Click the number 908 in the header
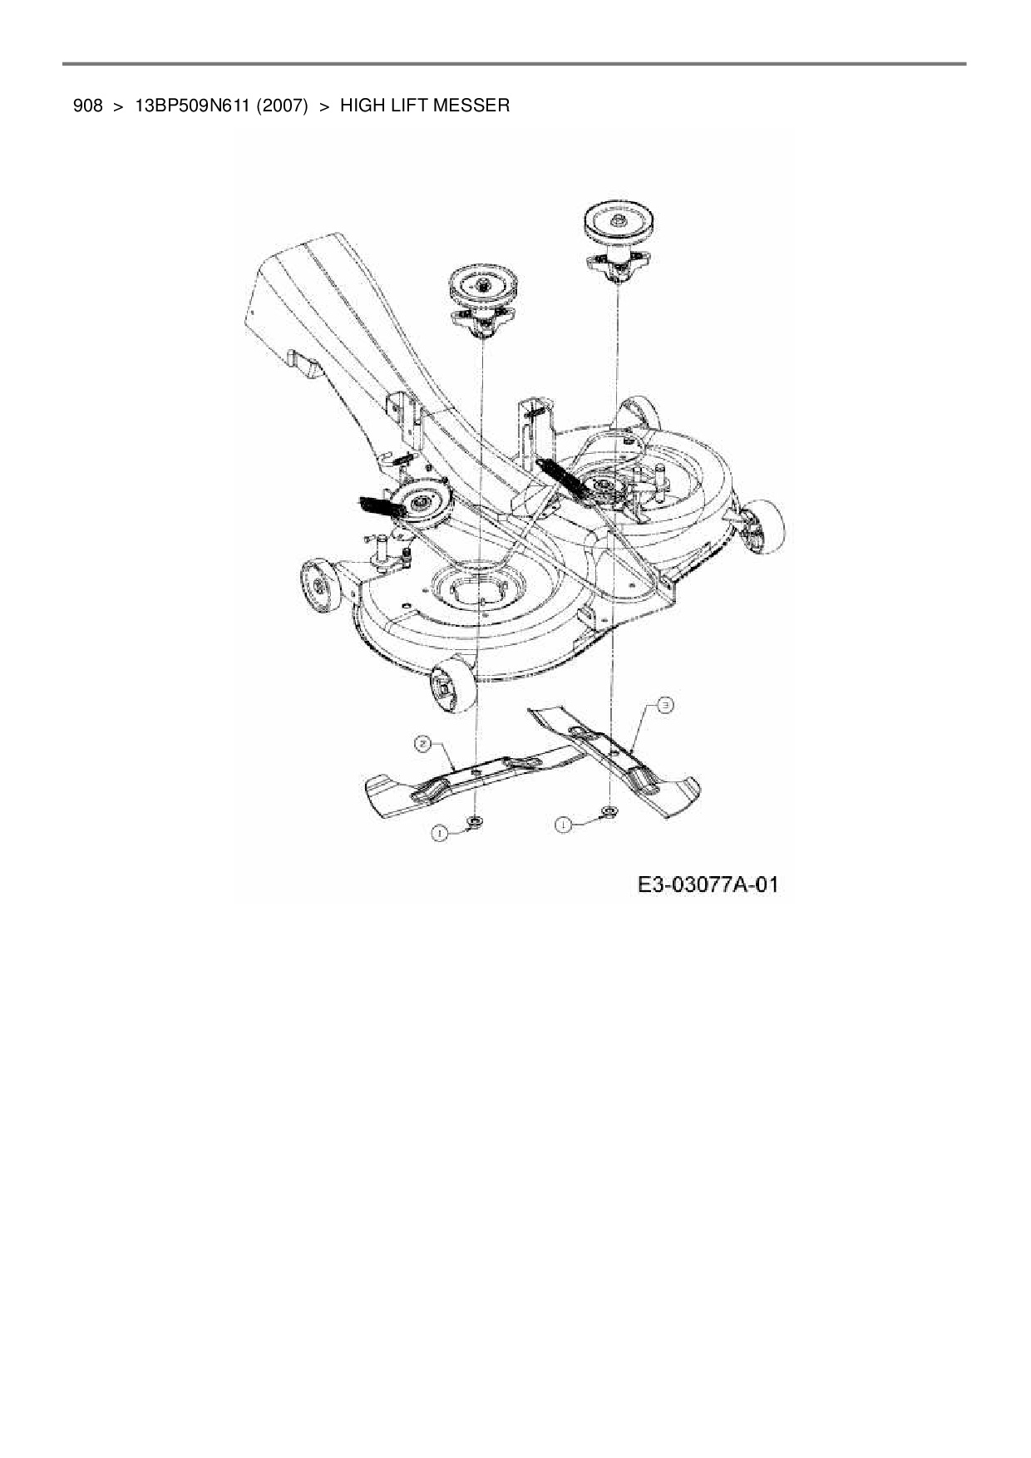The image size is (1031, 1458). coord(88,106)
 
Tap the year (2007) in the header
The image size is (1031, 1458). coord(283,106)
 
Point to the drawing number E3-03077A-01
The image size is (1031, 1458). coord(708,884)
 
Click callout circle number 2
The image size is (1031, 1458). coord(423,745)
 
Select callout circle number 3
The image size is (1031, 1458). coord(665,706)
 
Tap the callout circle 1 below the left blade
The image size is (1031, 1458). coord(440,832)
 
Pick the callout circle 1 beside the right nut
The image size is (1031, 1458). coord(564,824)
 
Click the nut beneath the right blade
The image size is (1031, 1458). coord(609,810)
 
